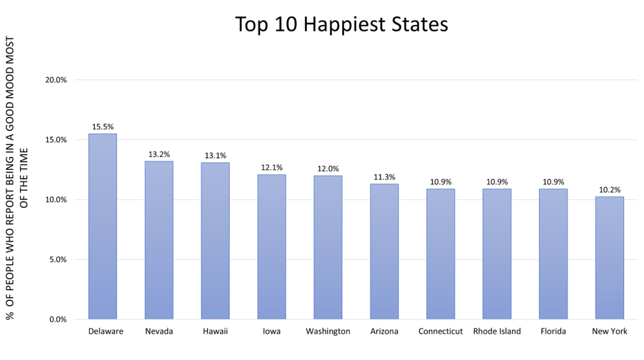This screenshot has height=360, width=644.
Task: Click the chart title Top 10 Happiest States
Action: point(341,24)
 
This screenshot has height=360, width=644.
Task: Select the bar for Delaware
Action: point(103,226)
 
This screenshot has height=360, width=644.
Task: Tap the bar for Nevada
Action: point(159,240)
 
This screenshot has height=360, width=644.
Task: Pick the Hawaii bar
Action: point(215,241)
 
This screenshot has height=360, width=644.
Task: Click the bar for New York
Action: point(609,258)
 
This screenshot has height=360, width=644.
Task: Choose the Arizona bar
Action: point(384,251)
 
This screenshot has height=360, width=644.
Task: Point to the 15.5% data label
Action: point(103,126)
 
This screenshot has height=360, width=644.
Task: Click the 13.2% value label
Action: point(159,154)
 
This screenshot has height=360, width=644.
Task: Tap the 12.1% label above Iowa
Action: point(271,167)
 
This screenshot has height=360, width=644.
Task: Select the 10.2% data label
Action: point(610,190)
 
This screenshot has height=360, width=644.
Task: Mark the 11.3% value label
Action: point(384,177)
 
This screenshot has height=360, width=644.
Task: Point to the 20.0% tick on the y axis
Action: point(56,80)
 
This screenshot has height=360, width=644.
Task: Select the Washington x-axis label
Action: point(328,331)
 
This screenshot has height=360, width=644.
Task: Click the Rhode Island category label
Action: point(497,331)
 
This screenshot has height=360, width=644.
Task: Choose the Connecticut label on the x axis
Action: point(441,331)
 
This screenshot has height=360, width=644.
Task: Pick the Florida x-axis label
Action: point(553,331)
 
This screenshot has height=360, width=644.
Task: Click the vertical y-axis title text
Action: point(17,179)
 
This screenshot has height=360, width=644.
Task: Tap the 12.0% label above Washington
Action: point(328,169)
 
